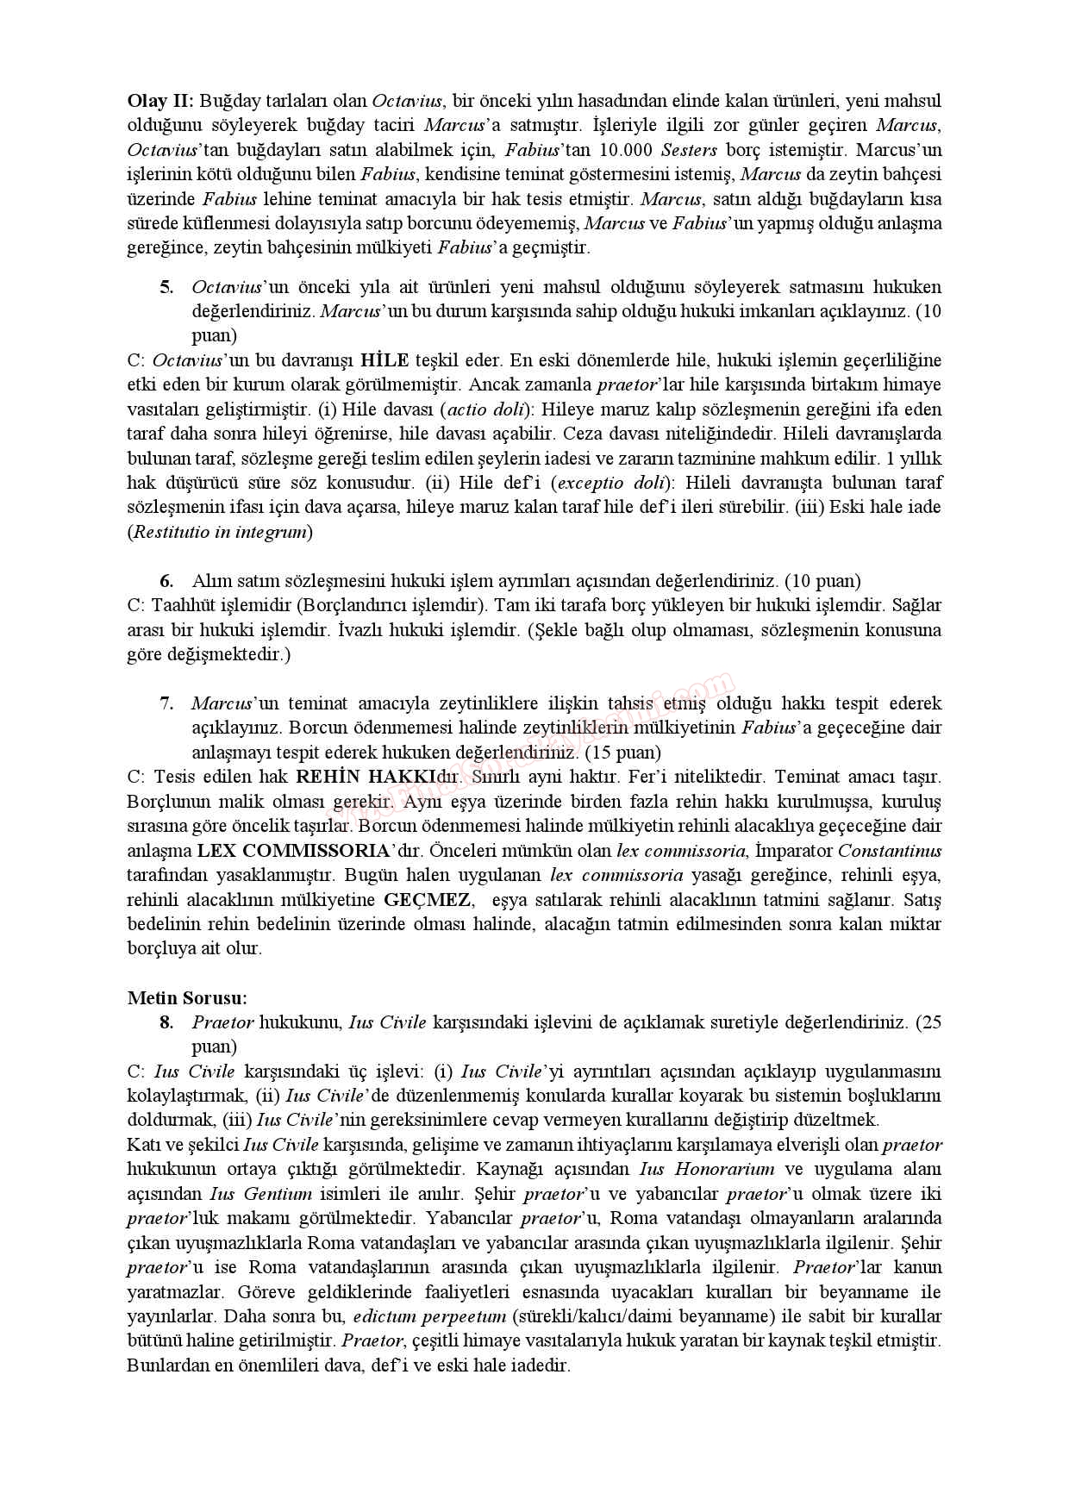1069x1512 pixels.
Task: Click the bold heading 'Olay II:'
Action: pyautogui.click(x=161, y=100)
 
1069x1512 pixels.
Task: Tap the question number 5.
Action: pyautogui.click(x=166, y=286)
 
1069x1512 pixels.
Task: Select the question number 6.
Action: pyautogui.click(x=166, y=581)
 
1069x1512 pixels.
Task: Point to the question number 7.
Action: pyautogui.click(x=166, y=703)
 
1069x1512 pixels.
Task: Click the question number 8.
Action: pyautogui.click(x=166, y=1022)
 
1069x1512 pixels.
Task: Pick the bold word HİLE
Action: pyautogui.click(x=384, y=359)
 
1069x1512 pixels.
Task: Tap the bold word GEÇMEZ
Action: pyautogui.click(x=428, y=900)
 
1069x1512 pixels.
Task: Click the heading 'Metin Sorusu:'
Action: pyautogui.click(x=187, y=998)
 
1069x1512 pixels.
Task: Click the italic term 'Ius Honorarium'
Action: pyautogui.click(x=707, y=1169)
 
